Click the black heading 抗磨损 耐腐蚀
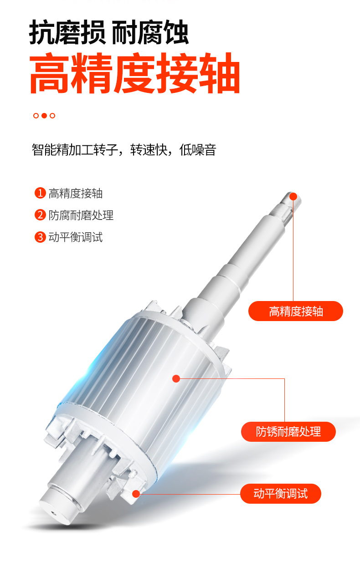click(109, 33)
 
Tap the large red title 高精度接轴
click(135, 73)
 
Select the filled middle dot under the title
click(44, 116)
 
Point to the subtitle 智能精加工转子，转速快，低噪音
click(124, 149)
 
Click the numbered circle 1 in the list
click(40, 193)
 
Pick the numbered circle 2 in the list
click(40, 215)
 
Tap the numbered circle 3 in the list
click(40, 237)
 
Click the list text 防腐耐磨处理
click(81, 215)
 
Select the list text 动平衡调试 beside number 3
click(76, 237)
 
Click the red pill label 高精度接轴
click(296, 311)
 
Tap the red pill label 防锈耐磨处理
click(288, 432)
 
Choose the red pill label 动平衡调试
click(281, 494)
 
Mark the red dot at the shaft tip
click(293, 197)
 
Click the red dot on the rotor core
click(176, 378)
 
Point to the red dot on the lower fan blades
click(136, 494)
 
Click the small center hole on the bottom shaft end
click(54, 514)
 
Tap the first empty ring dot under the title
click(36, 116)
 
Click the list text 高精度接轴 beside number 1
click(76, 194)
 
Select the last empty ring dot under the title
click(52, 116)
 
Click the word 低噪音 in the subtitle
click(198, 149)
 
